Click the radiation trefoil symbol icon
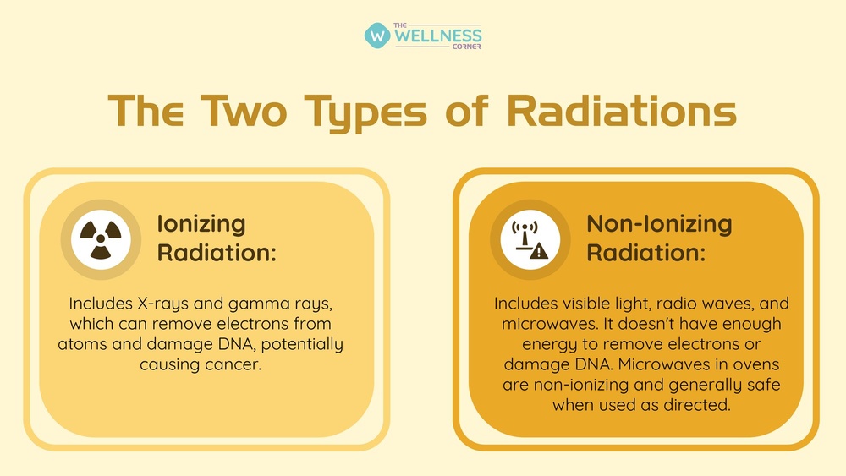point(101,239)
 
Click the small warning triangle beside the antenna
point(539,250)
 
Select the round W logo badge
point(377,36)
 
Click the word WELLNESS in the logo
point(437,36)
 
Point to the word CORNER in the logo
point(467,47)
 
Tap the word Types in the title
point(365,113)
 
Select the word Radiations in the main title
point(622,111)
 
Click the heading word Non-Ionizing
point(659,224)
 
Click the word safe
point(763,385)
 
